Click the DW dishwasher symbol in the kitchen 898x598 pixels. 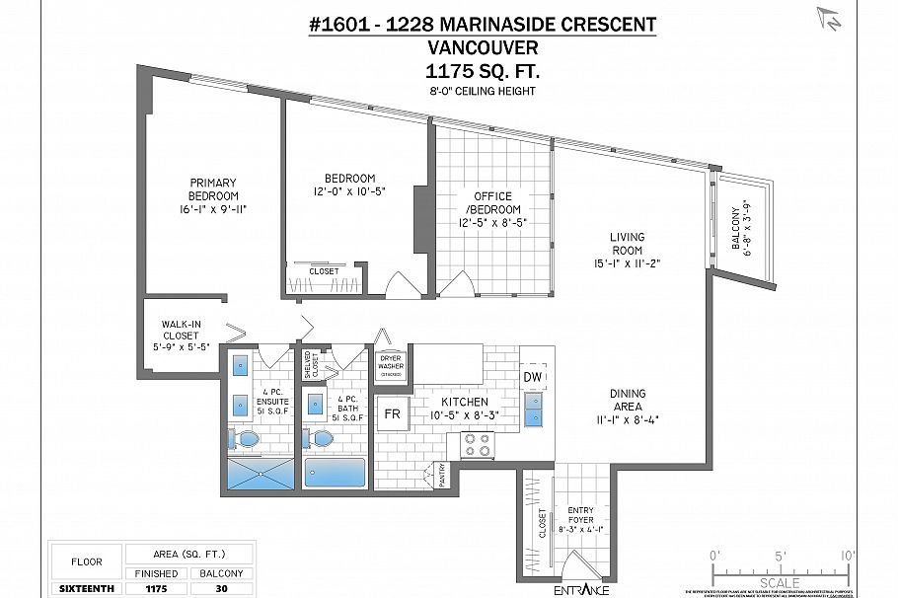pyautogui.click(x=532, y=377)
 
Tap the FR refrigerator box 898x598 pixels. pyautogui.click(x=392, y=413)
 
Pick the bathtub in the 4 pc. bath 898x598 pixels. pyautogui.click(x=335, y=473)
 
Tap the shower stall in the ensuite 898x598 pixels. pyautogui.click(x=261, y=474)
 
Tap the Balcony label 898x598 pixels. pyautogui.click(x=736, y=230)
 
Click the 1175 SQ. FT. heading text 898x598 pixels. pyautogui.click(x=483, y=71)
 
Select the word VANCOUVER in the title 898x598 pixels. pyautogui.click(x=483, y=47)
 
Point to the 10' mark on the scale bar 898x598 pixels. pyautogui.click(x=847, y=555)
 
